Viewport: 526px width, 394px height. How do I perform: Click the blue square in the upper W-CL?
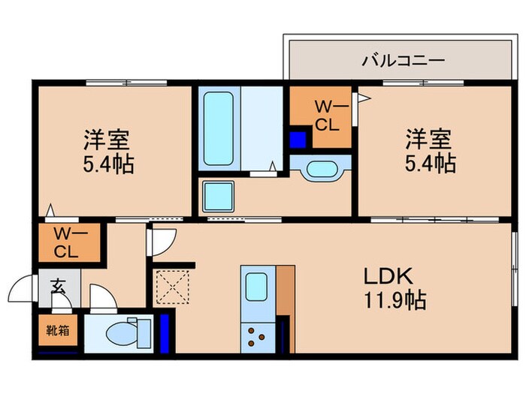[x=298, y=140]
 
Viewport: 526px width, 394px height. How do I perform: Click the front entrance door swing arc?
[x=22, y=288]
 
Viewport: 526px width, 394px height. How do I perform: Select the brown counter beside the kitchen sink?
[x=284, y=293]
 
